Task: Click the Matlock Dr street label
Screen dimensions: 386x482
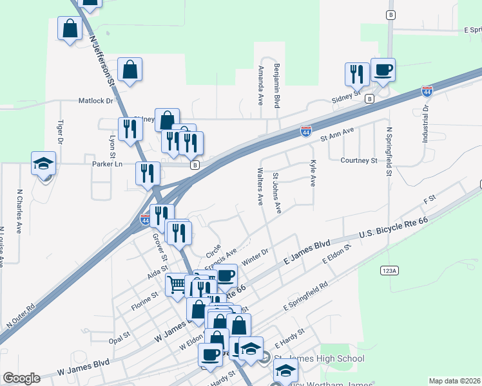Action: tap(96, 101)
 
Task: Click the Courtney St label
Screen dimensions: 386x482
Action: tap(358, 160)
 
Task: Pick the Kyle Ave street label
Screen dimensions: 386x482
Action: tap(313, 174)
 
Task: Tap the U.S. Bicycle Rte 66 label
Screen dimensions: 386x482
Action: tap(394, 230)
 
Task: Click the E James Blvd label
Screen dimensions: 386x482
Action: tap(307, 253)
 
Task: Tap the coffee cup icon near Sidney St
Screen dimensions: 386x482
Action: tap(383, 69)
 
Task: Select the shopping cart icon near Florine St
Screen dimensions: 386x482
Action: tap(177, 284)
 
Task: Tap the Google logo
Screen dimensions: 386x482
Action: tap(21, 378)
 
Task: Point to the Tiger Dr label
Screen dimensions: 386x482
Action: tap(60, 132)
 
